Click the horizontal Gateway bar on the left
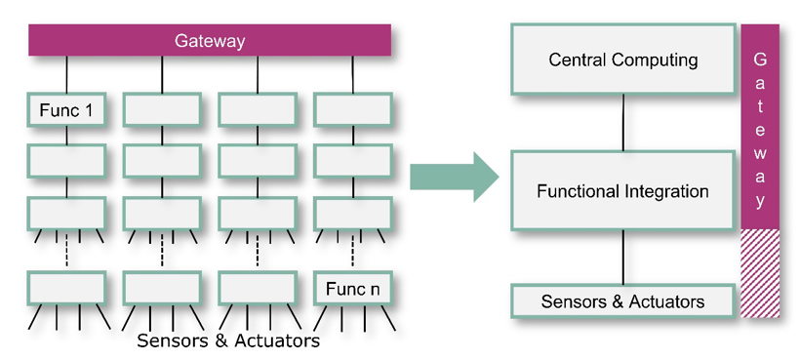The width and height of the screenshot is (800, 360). pos(210,40)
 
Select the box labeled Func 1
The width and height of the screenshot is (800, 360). pos(66,109)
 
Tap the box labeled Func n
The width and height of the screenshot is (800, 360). pos(352,289)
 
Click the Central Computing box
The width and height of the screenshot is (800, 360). pos(623,60)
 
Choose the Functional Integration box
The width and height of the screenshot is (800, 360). pos(623,190)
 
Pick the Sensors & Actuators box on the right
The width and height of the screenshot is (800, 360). pos(623,301)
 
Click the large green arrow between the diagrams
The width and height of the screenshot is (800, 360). pos(454,177)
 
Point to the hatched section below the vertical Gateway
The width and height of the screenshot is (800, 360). pos(760,273)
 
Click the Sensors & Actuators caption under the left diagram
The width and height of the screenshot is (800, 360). pos(228,340)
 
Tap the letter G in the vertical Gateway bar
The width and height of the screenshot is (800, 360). pos(760,60)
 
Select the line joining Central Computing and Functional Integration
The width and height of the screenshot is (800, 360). pos(623,123)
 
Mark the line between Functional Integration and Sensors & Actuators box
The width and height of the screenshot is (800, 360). pos(623,258)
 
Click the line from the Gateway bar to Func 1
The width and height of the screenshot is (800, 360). pos(66,74)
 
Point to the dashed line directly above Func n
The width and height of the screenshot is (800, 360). pos(352,251)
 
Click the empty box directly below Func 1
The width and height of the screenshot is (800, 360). pos(66,161)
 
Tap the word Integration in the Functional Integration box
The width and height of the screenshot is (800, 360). pos(665,192)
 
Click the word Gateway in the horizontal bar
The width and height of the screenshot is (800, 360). pos(210,41)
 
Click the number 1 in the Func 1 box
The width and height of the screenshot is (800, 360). pos(90,110)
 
